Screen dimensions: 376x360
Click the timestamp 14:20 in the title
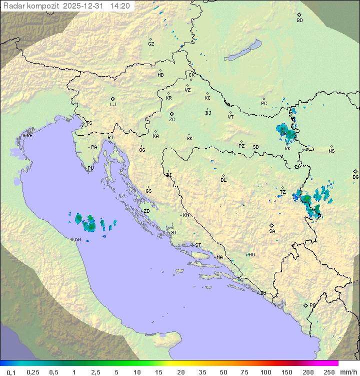(x=120, y=6)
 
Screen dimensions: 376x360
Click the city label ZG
(x=172, y=120)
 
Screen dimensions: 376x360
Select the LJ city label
(x=113, y=104)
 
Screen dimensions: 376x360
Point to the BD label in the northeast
(x=299, y=21)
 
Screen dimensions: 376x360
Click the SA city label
(x=272, y=231)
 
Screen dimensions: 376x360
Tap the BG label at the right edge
(x=355, y=177)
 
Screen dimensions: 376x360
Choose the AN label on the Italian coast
(x=77, y=240)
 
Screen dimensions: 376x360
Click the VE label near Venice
(x=29, y=136)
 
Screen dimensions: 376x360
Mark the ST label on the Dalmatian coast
(x=198, y=245)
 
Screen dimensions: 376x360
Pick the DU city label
(x=262, y=293)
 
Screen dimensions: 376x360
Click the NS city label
(x=331, y=151)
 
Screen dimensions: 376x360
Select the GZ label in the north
(x=151, y=44)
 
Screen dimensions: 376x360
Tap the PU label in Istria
(x=90, y=168)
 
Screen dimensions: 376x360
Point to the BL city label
(x=223, y=180)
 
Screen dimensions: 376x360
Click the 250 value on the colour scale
(x=329, y=372)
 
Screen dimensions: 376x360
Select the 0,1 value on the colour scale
(x=11, y=372)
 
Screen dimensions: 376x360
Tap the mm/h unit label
(x=347, y=372)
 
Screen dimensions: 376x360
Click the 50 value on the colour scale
(x=222, y=372)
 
